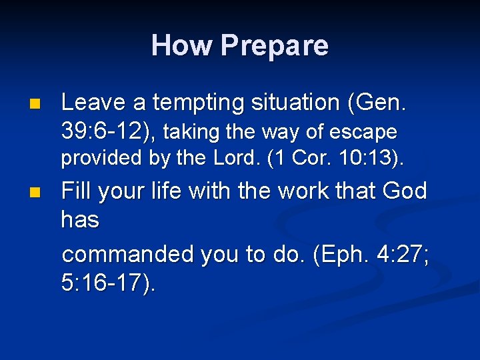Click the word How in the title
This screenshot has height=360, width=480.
point(182,45)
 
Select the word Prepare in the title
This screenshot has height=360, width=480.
point(274,46)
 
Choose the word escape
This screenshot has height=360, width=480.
point(366,133)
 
